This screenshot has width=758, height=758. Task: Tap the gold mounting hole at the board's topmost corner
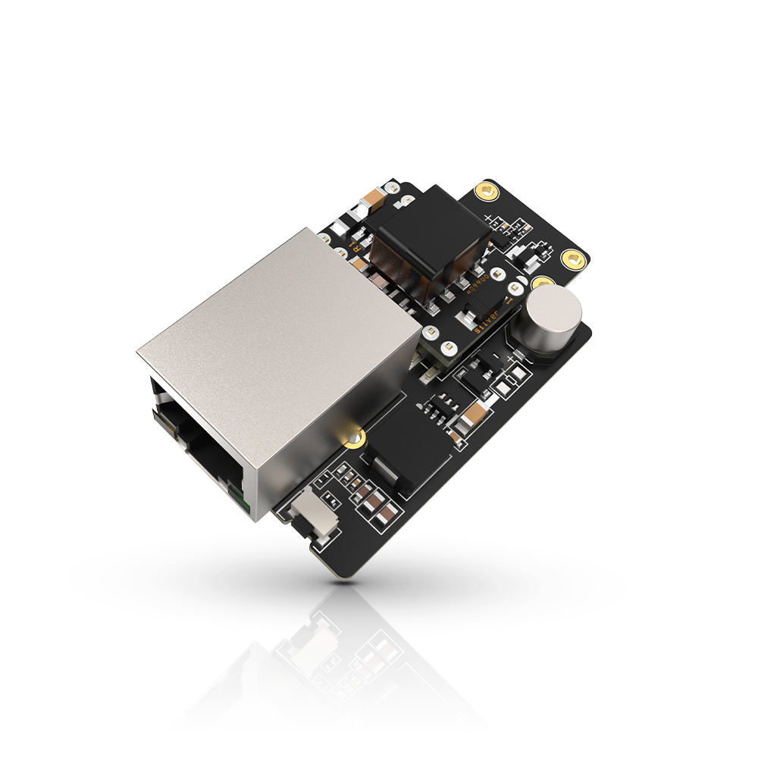(x=485, y=192)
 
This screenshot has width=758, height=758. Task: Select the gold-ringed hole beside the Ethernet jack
(x=351, y=438)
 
